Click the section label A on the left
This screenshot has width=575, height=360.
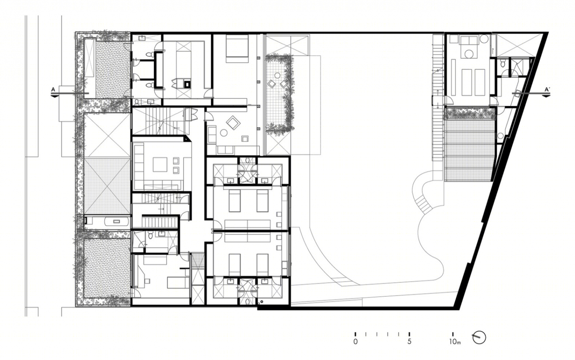[53, 89]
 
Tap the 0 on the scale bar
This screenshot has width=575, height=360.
[355, 342]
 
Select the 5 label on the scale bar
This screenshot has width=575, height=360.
[409, 342]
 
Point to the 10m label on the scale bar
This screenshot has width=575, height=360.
[455, 342]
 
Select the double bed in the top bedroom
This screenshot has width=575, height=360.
[237, 49]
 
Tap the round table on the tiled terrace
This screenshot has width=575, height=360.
[277, 75]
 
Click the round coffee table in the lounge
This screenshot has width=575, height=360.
[224, 133]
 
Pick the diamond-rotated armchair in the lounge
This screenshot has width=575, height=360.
[233, 122]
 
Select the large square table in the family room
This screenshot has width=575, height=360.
[160, 164]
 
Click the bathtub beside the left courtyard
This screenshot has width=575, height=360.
[117, 221]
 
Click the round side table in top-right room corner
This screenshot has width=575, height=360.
[484, 39]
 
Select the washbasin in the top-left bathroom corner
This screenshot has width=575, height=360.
[142, 38]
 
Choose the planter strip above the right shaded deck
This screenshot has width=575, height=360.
[470, 113]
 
